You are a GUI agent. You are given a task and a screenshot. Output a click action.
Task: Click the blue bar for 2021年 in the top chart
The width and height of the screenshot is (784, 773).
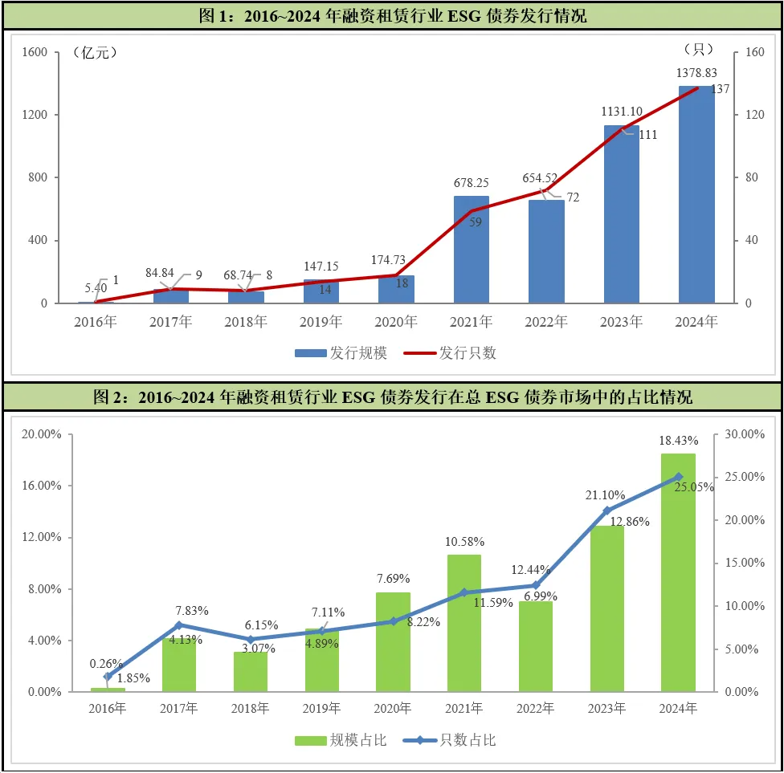point(471,250)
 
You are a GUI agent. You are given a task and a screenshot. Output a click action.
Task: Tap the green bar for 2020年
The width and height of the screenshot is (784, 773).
point(393,642)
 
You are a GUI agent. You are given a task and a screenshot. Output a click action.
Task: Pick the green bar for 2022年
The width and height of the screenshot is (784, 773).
point(536,646)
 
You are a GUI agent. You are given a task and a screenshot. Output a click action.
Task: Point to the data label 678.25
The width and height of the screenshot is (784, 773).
point(471,183)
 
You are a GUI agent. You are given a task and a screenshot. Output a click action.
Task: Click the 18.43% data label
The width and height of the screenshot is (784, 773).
point(679,441)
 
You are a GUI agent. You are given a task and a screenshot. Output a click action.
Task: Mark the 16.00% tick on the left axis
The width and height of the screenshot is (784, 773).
point(42,486)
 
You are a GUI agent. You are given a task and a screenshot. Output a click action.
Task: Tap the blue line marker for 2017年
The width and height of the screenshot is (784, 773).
point(179,625)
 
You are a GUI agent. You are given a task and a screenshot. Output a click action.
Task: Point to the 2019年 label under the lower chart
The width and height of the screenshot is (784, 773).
point(321,709)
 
